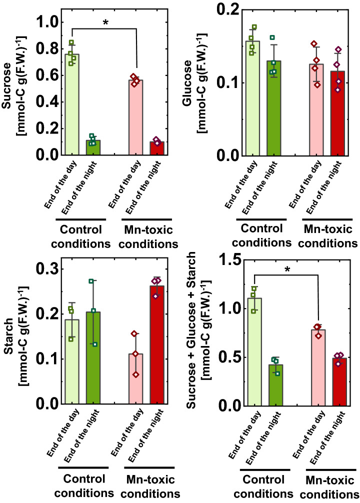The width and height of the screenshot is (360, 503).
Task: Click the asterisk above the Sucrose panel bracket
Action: pos(105,23)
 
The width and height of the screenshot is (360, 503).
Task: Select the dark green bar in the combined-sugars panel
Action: pos(272,385)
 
